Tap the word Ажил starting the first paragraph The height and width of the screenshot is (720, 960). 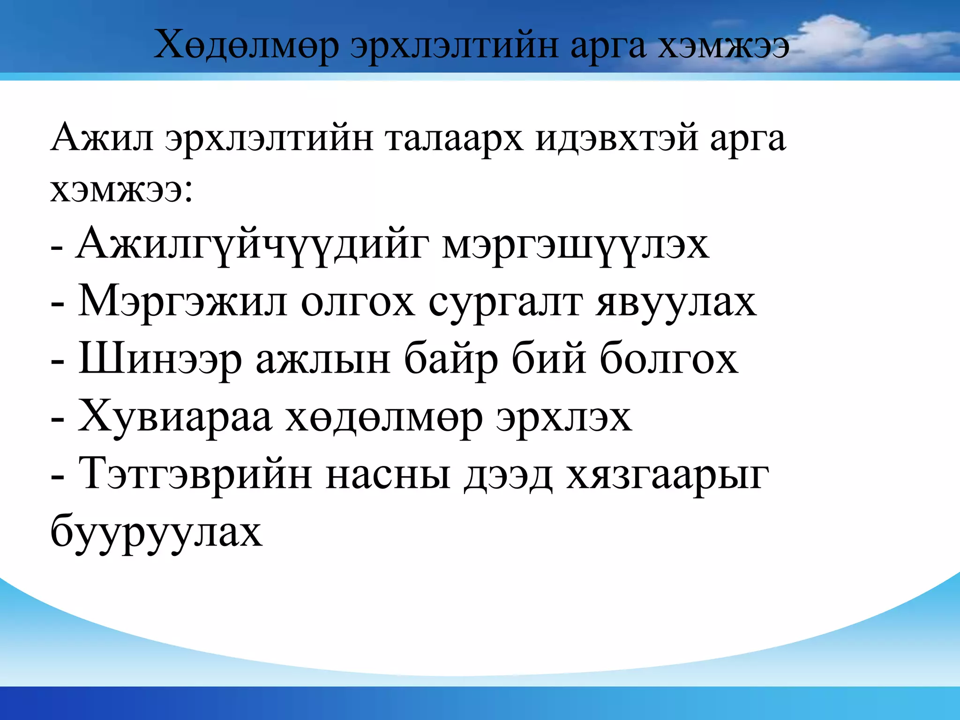pos(102,139)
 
